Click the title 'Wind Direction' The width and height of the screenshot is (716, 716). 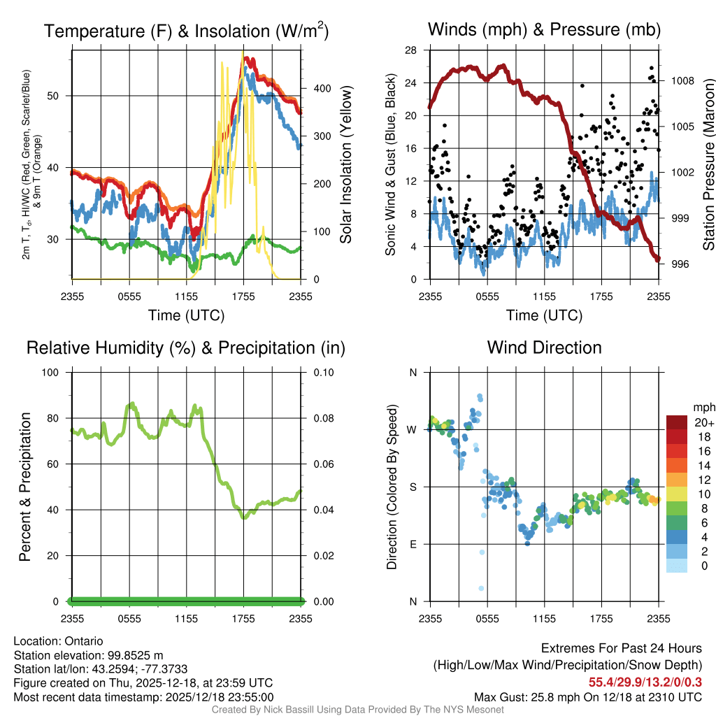point(544,348)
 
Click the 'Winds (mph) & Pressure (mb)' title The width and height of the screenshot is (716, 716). point(544,30)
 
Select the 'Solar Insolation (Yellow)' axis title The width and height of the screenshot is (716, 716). point(345,165)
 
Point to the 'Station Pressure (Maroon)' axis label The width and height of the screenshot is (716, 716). point(708,165)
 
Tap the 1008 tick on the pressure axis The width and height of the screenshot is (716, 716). point(681,80)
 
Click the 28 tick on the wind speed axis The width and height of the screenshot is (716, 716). point(411,50)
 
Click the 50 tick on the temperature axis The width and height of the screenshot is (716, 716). point(59,96)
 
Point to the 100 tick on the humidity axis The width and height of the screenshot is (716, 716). point(55,372)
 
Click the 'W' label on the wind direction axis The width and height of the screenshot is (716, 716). point(413,429)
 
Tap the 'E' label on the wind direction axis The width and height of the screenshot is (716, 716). point(413,544)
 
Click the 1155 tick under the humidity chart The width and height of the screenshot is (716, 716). point(187,618)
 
